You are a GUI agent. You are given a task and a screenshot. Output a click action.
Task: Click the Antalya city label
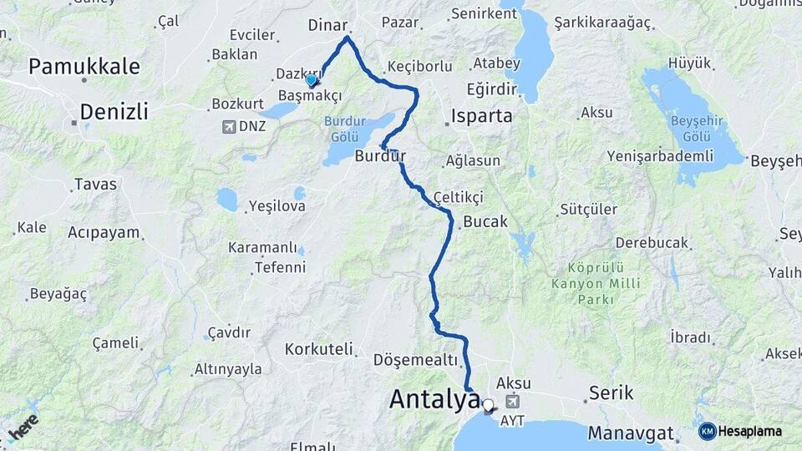click(x=434, y=401)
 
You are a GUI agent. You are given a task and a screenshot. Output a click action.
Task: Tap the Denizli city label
click(x=114, y=111)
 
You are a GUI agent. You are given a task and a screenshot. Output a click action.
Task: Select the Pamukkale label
click(x=84, y=67)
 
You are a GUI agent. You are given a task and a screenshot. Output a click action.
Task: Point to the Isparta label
click(x=481, y=116)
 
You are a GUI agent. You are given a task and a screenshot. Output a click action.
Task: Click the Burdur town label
click(x=380, y=155)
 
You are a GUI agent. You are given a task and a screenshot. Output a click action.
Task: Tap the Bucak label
click(x=485, y=221)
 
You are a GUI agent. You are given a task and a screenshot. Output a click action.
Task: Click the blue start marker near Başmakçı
click(x=312, y=80)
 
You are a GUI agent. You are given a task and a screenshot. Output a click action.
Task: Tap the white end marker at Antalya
click(x=488, y=406)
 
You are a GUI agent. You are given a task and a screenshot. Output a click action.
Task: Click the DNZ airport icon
click(x=228, y=127)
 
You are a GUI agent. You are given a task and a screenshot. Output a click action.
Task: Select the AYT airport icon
click(x=511, y=403)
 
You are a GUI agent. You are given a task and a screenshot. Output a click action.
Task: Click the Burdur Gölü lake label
click(x=344, y=129)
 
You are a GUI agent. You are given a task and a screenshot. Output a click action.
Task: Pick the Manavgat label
click(x=631, y=433)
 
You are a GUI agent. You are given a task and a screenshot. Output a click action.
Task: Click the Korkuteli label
click(x=318, y=348)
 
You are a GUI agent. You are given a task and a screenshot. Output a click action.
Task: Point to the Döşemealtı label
click(x=416, y=360)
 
